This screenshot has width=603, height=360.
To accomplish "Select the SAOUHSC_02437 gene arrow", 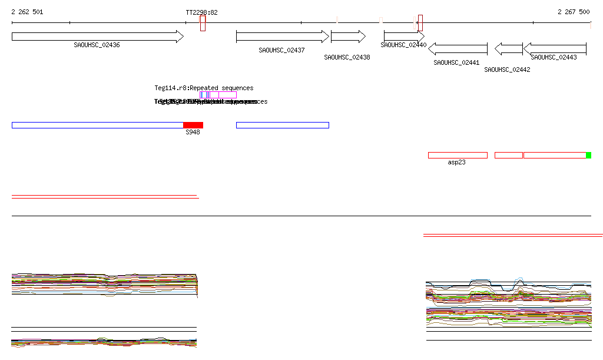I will click(x=282, y=37).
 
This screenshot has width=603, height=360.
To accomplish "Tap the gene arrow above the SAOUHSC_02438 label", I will click(x=348, y=37).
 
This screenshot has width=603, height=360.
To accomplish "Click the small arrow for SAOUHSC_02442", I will click(x=509, y=49).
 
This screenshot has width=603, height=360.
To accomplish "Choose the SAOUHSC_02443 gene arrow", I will click(x=555, y=49).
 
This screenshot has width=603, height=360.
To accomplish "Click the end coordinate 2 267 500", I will click(x=574, y=12).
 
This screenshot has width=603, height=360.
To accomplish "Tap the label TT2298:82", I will click(x=201, y=12).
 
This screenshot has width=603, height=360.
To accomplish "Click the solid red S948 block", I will click(x=193, y=125).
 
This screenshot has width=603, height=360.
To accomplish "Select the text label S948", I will click(x=193, y=133).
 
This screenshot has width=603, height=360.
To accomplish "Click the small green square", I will click(x=589, y=155).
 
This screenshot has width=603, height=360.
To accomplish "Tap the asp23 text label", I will click(x=456, y=162).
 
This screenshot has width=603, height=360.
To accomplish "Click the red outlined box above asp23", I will click(x=458, y=155).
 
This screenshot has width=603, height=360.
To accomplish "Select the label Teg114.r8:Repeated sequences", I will click(x=204, y=88).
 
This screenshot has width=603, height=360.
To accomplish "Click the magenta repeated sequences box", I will click(x=227, y=95).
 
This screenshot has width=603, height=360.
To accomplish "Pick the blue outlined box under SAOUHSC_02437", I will click(x=282, y=125).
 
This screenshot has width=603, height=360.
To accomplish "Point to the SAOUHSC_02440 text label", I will click(x=403, y=45).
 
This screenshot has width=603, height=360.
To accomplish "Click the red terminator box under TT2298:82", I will click(x=203, y=23).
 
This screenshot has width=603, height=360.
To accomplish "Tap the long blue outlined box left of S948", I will click(x=97, y=125).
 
